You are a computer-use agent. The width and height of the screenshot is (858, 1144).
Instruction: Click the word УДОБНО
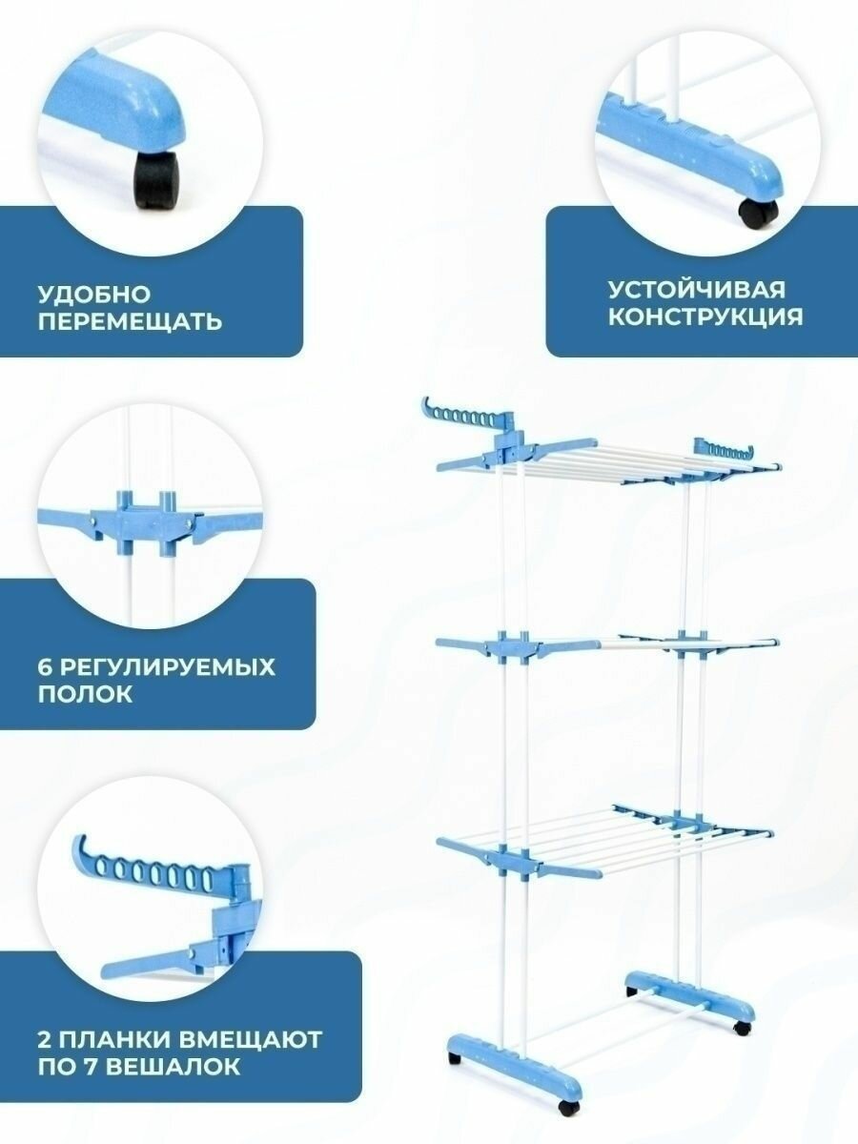[94, 295]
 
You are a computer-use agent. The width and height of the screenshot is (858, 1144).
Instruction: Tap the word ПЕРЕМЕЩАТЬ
[131, 321]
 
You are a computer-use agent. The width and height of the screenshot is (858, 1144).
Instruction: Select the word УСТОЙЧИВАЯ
[697, 289]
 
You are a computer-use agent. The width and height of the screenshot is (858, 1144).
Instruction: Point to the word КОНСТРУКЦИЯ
[705, 317]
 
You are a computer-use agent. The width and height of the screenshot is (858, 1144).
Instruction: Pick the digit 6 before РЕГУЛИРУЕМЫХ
[45, 666]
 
